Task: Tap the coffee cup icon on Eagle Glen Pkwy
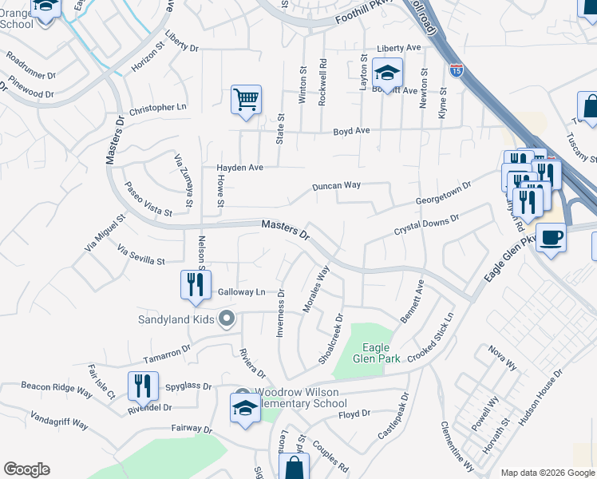click(551, 237)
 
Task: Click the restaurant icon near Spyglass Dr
click(143, 386)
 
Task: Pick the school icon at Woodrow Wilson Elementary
click(245, 408)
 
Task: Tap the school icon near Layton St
click(387, 73)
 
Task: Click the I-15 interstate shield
click(457, 70)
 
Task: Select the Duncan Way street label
click(336, 185)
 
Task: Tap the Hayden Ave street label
click(239, 168)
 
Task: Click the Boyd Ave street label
click(351, 130)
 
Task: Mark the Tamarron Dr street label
click(167, 352)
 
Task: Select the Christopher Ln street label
click(157, 107)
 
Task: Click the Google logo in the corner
click(26, 469)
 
